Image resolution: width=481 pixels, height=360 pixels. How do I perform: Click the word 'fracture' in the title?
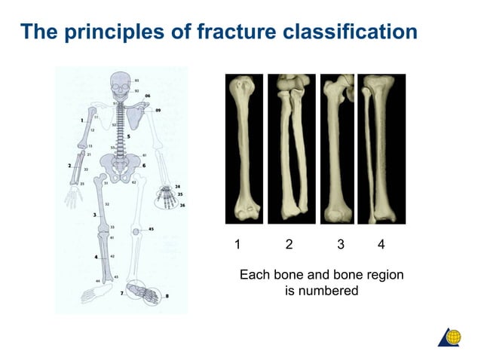click(240, 32)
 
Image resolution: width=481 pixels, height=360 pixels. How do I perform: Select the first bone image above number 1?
click(244, 148)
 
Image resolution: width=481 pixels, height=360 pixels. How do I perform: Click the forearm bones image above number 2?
click(292, 148)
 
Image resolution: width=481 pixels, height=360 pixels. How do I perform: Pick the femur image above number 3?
click(337, 148)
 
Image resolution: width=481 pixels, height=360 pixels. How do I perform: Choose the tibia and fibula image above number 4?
click(381, 148)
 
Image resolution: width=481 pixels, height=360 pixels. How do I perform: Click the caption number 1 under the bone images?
click(237, 245)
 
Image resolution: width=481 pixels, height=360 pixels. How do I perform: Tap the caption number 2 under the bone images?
click(289, 245)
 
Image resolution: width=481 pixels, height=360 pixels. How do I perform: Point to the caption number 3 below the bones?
click(341, 245)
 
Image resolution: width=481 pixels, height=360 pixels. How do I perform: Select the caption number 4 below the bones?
click(381, 245)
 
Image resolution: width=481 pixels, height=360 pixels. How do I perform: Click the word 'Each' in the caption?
click(253, 276)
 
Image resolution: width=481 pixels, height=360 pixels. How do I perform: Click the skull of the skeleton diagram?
click(119, 84)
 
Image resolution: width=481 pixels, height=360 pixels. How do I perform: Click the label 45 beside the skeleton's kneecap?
click(152, 229)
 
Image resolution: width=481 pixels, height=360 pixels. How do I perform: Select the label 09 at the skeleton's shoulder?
click(159, 111)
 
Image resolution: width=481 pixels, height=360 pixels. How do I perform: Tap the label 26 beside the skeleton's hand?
click(182, 205)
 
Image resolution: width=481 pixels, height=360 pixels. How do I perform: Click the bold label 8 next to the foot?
click(167, 297)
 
